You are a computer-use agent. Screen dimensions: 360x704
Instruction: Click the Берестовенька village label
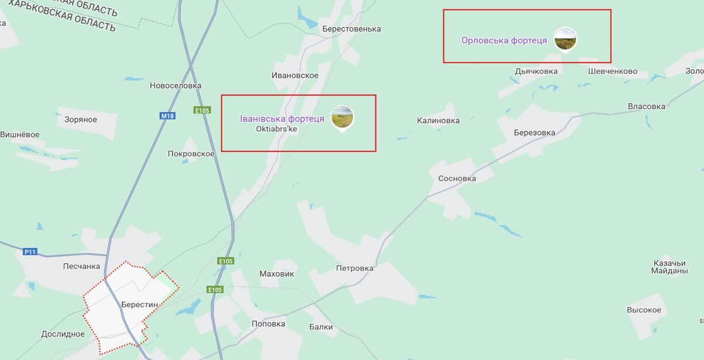click(x=351, y=29)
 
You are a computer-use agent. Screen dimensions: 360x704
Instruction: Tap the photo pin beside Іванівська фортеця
click(x=343, y=117)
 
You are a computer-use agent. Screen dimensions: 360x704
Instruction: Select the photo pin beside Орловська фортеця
click(x=565, y=39)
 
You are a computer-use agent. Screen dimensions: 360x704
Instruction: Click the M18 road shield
click(x=168, y=116)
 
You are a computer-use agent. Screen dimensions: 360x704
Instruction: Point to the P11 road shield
click(x=30, y=252)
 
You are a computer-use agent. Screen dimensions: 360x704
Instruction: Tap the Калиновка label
click(x=438, y=121)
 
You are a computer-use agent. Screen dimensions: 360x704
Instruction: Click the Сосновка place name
click(x=457, y=178)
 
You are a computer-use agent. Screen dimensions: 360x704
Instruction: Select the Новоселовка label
click(x=175, y=86)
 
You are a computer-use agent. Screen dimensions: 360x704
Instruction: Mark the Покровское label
click(x=191, y=154)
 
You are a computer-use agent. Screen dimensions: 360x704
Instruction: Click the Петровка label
click(x=354, y=269)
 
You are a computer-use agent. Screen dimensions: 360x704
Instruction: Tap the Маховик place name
click(x=276, y=274)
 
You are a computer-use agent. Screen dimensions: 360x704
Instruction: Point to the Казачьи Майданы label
click(x=669, y=267)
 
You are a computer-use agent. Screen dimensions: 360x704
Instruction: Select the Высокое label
click(x=644, y=310)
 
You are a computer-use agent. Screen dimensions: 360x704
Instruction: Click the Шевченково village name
click(x=612, y=72)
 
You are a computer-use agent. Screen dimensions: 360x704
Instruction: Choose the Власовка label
click(x=647, y=107)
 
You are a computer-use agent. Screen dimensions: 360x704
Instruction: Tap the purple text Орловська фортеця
click(x=504, y=40)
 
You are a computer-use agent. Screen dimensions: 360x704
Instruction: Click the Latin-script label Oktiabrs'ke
click(x=276, y=129)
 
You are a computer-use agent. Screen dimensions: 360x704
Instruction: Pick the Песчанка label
click(x=82, y=266)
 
